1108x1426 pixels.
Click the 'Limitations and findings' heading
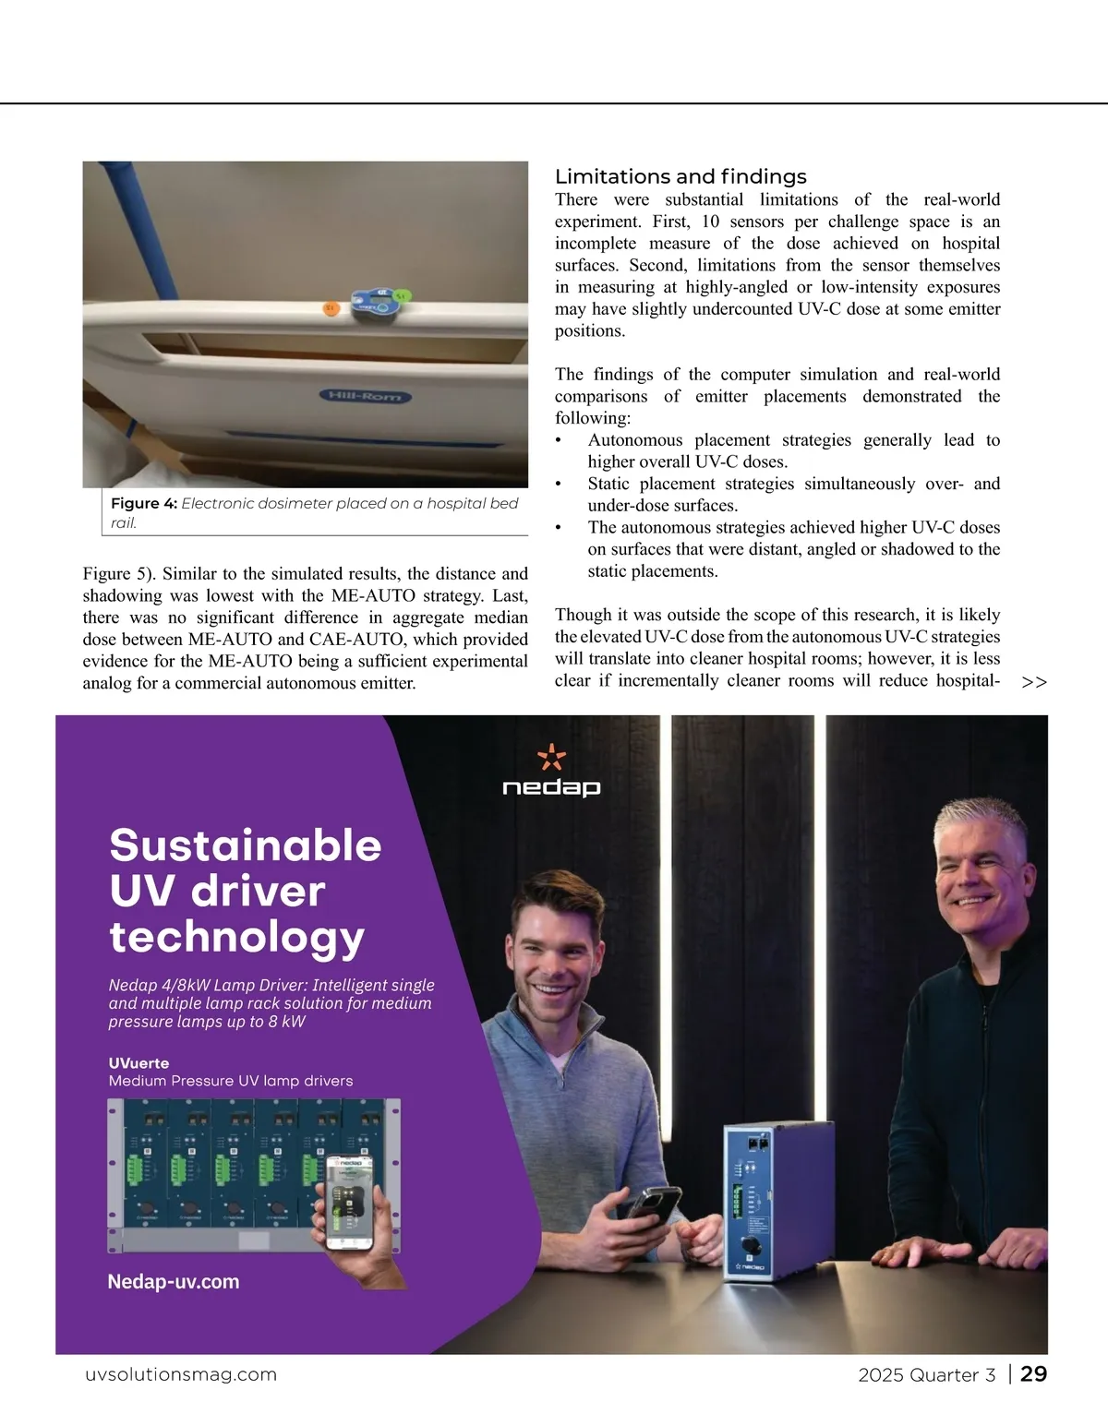[680, 176]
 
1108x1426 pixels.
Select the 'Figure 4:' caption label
[143, 503]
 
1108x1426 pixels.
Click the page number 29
[1034, 1374]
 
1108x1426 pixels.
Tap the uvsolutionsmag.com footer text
[180, 1374]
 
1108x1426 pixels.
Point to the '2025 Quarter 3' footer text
[926, 1375]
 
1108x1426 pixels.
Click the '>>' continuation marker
[1035, 682]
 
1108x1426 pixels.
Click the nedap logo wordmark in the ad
[551, 787]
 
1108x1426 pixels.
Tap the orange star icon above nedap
[551, 756]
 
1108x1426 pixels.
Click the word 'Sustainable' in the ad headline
[245, 845]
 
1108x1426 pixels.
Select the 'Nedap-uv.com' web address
[173, 1281]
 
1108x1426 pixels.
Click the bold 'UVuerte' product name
[138, 1063]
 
